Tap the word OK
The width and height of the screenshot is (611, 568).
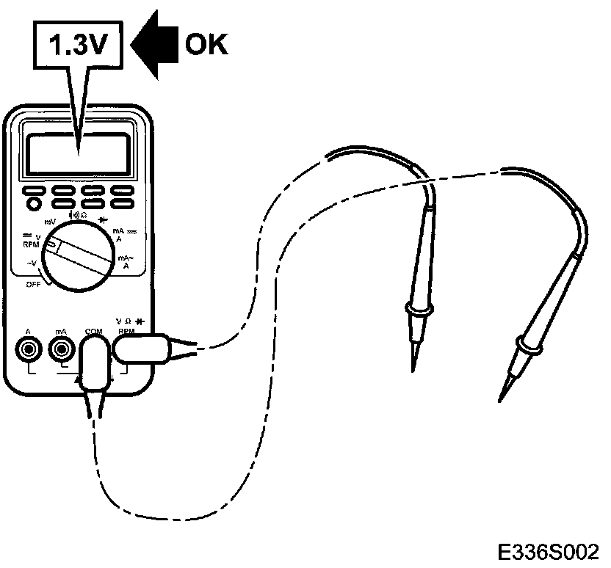[x=206, y=45]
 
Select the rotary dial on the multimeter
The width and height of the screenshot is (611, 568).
[x=79, y=257]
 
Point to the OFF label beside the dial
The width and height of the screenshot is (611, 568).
[x=34, y=284]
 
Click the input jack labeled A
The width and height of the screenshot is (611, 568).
[x=28, y=349]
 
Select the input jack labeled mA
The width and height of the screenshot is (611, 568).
[x=62, y=349]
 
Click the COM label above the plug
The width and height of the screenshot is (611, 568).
[x=93, y=331]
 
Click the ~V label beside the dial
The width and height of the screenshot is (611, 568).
[x=33, y=263]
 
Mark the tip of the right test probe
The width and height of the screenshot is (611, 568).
[x=500, y=401]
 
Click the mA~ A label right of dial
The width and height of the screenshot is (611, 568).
[x=126, y=262]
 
